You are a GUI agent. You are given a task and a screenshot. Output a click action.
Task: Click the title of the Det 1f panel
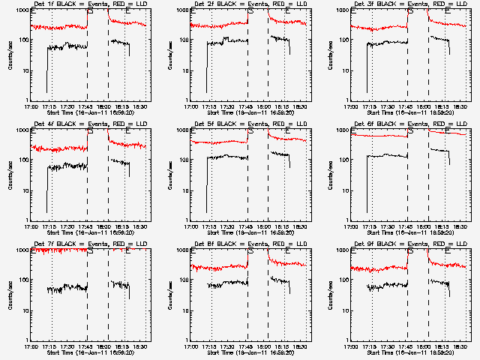pos(88,5)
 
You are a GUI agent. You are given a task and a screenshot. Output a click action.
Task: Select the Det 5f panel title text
pos(249,125)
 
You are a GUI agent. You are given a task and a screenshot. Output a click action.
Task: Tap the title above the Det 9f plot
pos(409,245)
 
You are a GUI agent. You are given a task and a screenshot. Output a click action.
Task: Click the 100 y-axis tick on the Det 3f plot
pos(344,40)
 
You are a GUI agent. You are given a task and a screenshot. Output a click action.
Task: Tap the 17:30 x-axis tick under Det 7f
pos(70,346)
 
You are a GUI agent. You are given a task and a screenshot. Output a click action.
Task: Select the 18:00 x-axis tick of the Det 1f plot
pos(108,106)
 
